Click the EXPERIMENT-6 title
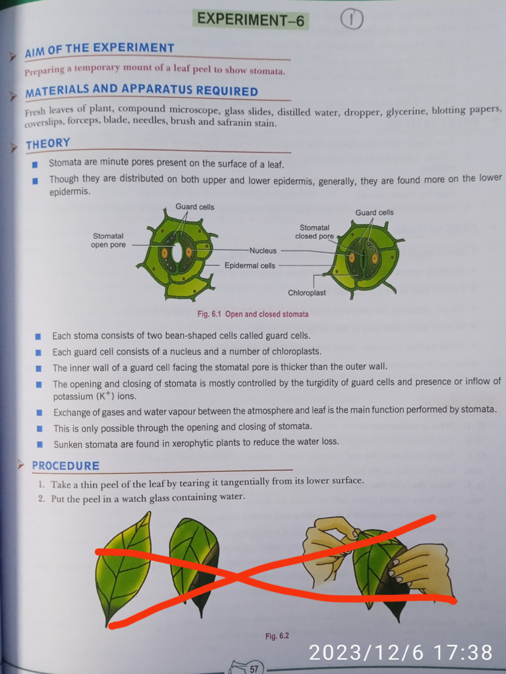tap(251, 20)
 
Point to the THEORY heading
tap(47, 143)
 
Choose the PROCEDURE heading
tap(65, 466)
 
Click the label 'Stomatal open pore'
tap(108, 240)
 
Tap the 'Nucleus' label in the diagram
tap(263, 251)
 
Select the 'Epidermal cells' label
tap(250, 265)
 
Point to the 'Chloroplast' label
tap(306, 293)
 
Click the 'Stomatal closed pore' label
tap(314, 232)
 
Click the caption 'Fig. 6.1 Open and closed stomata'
tap(252, 314)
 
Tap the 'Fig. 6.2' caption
tap(277, 636)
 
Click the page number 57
tap(254, 669)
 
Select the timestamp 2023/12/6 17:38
tap(401, 652)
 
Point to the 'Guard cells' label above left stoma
tap(194, 207)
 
